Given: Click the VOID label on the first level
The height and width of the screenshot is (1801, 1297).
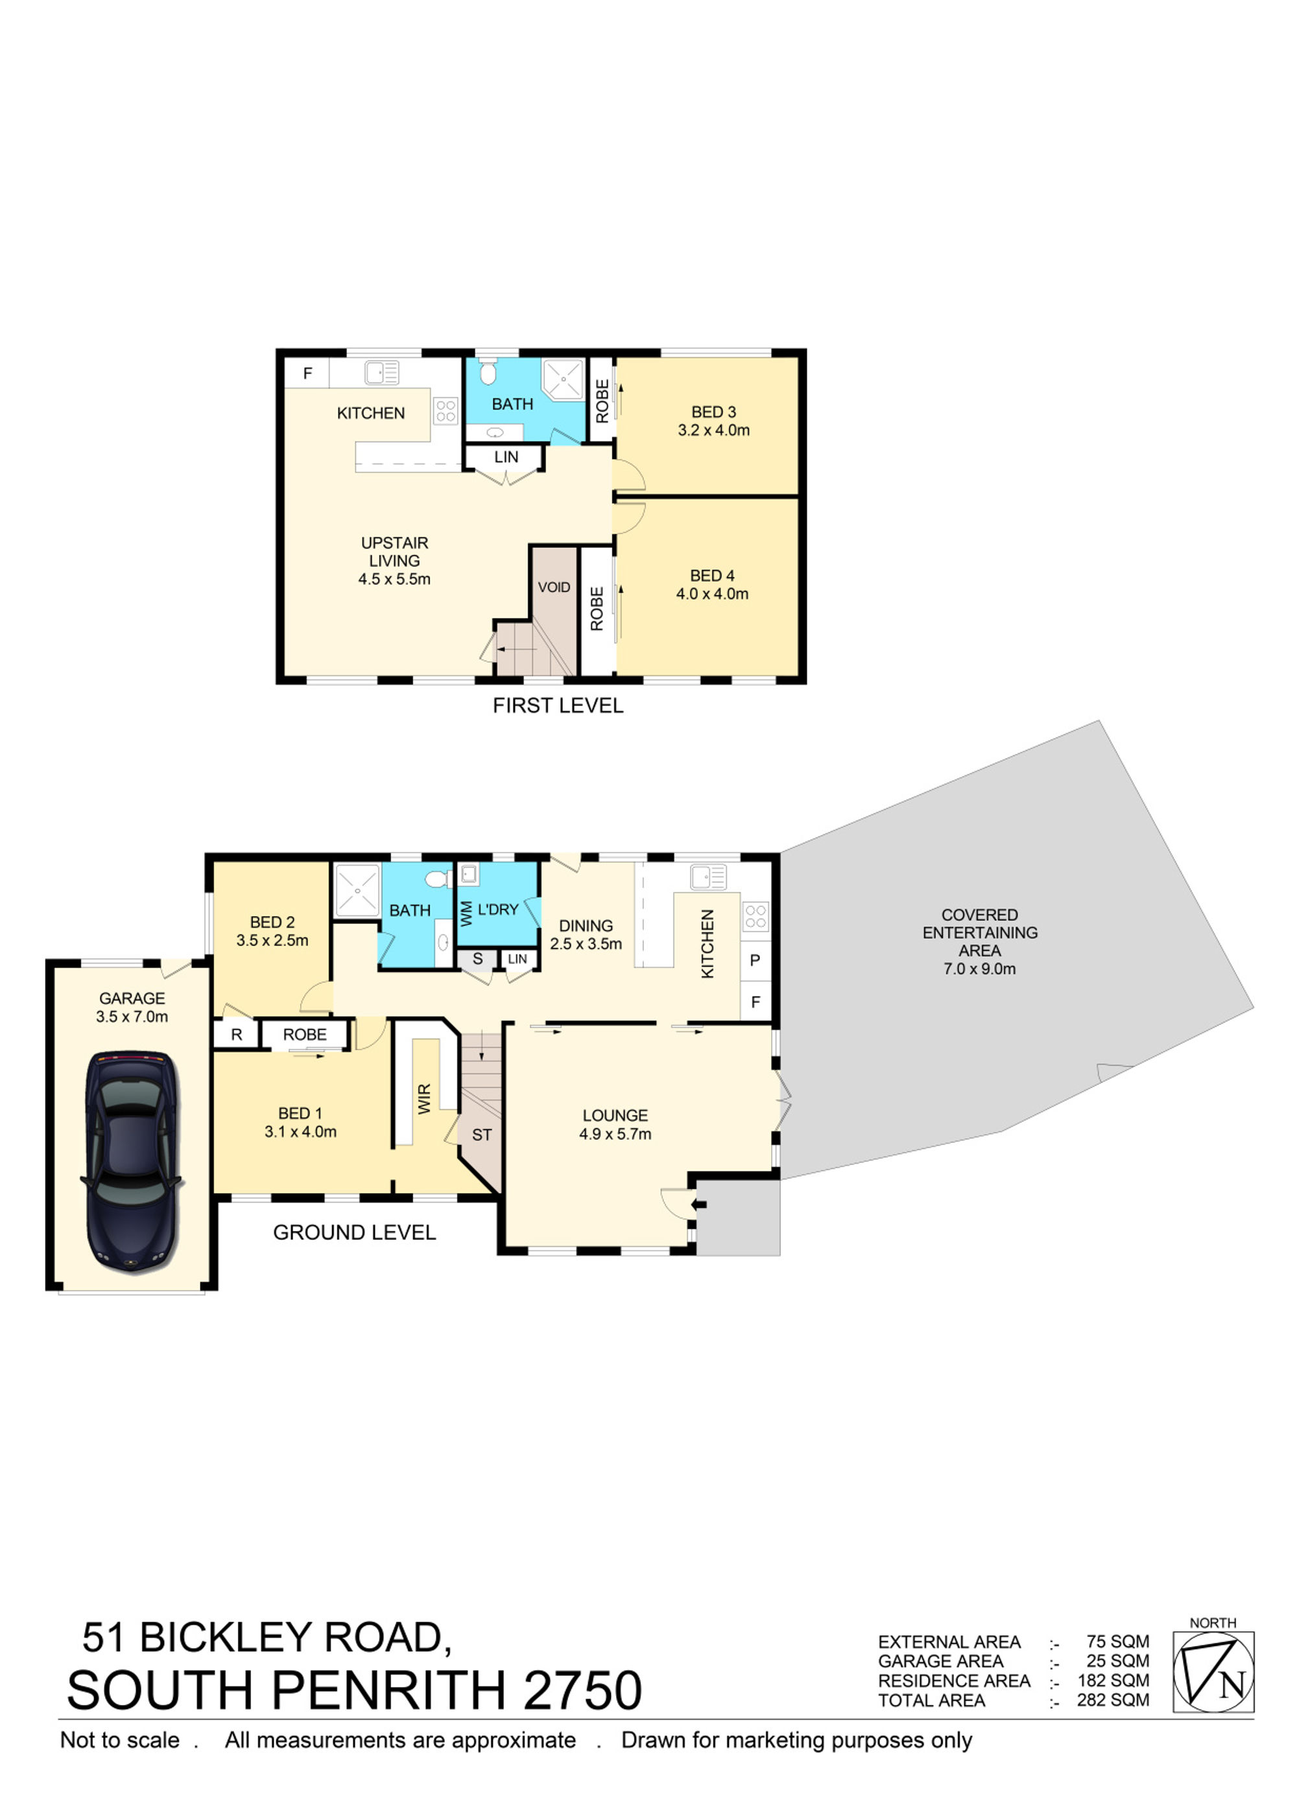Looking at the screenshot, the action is coord(554,587).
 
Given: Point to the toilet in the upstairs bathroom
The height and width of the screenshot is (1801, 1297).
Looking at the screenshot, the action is coord(488,370).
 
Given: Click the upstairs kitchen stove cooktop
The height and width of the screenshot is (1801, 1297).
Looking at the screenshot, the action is coord(446,410).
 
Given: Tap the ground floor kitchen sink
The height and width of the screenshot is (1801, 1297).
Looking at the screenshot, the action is coord(708,877).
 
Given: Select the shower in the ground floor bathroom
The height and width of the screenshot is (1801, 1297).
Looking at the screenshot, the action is coord(357,889).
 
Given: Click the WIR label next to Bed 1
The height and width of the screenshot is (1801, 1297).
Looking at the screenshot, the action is coord(424,1098).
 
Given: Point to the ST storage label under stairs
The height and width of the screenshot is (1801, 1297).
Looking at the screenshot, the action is coord(481,1135).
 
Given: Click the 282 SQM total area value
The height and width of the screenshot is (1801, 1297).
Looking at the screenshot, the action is coord(1113,1700).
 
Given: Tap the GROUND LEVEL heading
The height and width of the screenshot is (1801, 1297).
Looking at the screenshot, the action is coord(354,1232).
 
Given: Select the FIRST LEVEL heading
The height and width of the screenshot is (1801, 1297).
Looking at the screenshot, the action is coord(558,705).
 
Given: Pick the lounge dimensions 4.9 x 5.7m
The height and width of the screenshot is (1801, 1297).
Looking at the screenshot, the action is coord(615,1134).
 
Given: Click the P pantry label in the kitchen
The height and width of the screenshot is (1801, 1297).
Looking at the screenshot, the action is coord(755,960).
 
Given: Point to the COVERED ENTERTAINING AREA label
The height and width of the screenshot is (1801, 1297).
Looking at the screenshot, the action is coord(979,932).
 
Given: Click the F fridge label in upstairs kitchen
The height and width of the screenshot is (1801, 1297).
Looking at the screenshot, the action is coord(307,373).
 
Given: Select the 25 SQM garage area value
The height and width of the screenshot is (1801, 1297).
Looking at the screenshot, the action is coord(1117,1660).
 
